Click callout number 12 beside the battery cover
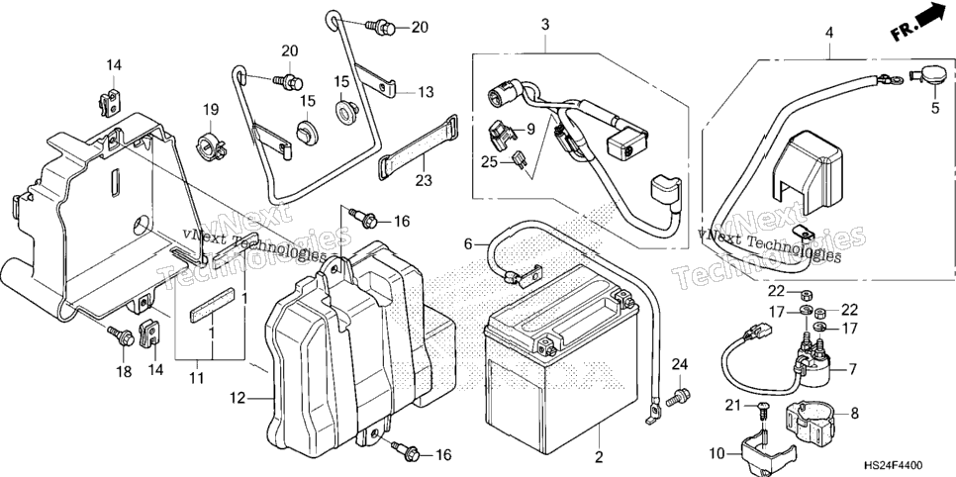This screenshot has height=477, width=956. [x=238, y=399]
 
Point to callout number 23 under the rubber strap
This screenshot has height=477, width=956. [x=424, y=180]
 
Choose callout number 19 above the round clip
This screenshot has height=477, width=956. [x=211, y=111]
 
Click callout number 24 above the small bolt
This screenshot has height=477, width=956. [x=679, y=365]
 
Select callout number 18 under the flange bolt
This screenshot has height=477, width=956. [x=124, y=371]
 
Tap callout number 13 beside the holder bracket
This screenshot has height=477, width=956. [x=426, y=92]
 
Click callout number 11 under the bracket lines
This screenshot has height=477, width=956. [x=196, y=379]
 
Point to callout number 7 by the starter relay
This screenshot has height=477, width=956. [x=853, y=370]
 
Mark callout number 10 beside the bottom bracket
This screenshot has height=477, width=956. [x=718, y=454]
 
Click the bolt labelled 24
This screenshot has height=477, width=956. [x=678, y=397]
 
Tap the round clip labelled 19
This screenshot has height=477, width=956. [x=211, y=146]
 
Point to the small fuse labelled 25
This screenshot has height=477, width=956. [x=522, y=160]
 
